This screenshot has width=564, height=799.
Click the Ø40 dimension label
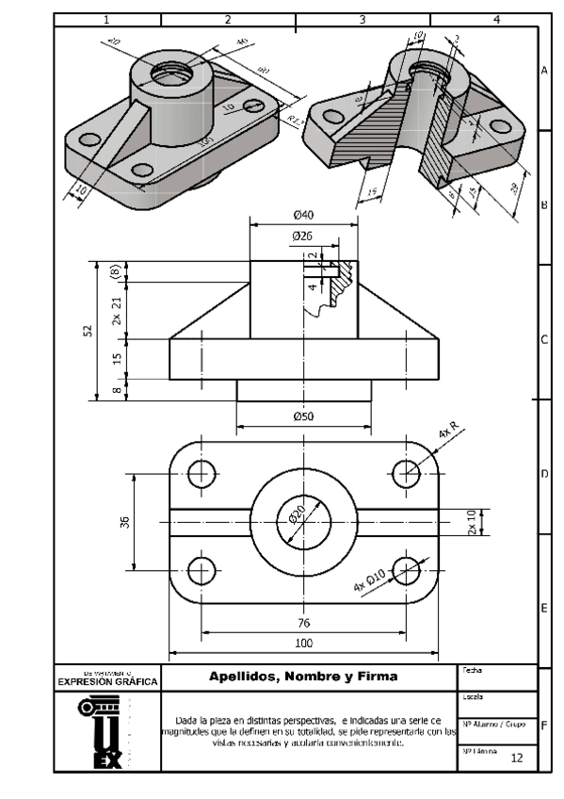(x=303, y=215)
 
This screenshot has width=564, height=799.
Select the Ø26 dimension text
(x=302, y=235)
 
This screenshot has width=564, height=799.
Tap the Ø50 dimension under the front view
(x=303, y=416)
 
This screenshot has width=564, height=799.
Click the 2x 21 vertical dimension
(x=116, y=309)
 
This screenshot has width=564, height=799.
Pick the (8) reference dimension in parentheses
(x=116, y=271)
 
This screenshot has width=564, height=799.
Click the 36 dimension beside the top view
(x=125, y=522)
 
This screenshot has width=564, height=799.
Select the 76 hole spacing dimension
(x=304, y=623)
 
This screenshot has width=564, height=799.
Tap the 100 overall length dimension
(x=303, y=643)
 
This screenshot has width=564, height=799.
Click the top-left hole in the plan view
(x=201, y=473)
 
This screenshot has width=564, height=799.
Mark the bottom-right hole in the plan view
(x=407, y=570)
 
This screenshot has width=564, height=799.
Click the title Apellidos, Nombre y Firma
(x=303, y=677)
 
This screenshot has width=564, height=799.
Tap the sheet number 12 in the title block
(x=516, y=758)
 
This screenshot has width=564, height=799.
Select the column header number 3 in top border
(x=363, y=19)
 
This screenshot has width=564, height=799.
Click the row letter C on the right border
(x=544, y=340)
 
